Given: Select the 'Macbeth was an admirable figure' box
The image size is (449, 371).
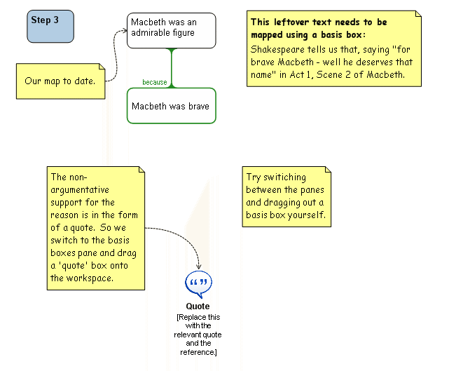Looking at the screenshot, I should pyautogui.click(x=171, y=30).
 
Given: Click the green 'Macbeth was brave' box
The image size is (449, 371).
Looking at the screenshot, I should pyautogui.click(x=171, y=106).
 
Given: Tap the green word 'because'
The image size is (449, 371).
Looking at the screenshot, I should pyautogui.click(x=155, y=82).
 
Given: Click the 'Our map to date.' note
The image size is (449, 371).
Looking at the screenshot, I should pyautogui.click(x=60, y=81).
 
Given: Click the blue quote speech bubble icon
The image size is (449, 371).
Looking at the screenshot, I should pyautogui.click(x=198, y=284).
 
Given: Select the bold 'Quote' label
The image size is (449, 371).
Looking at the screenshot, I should pyautogui.click(x=198, y=306).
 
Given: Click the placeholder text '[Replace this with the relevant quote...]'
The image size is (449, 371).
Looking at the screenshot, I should pyautogui.click(x=198, y=335).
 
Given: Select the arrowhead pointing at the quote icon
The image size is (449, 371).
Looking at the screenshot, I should pyautogui.click(x=200, y=267).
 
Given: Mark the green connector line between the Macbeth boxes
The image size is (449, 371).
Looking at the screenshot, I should pyautogui.click(x=171, y=67).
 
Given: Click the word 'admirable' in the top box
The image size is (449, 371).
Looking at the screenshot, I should pyautogui.click(x=151, y=34).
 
